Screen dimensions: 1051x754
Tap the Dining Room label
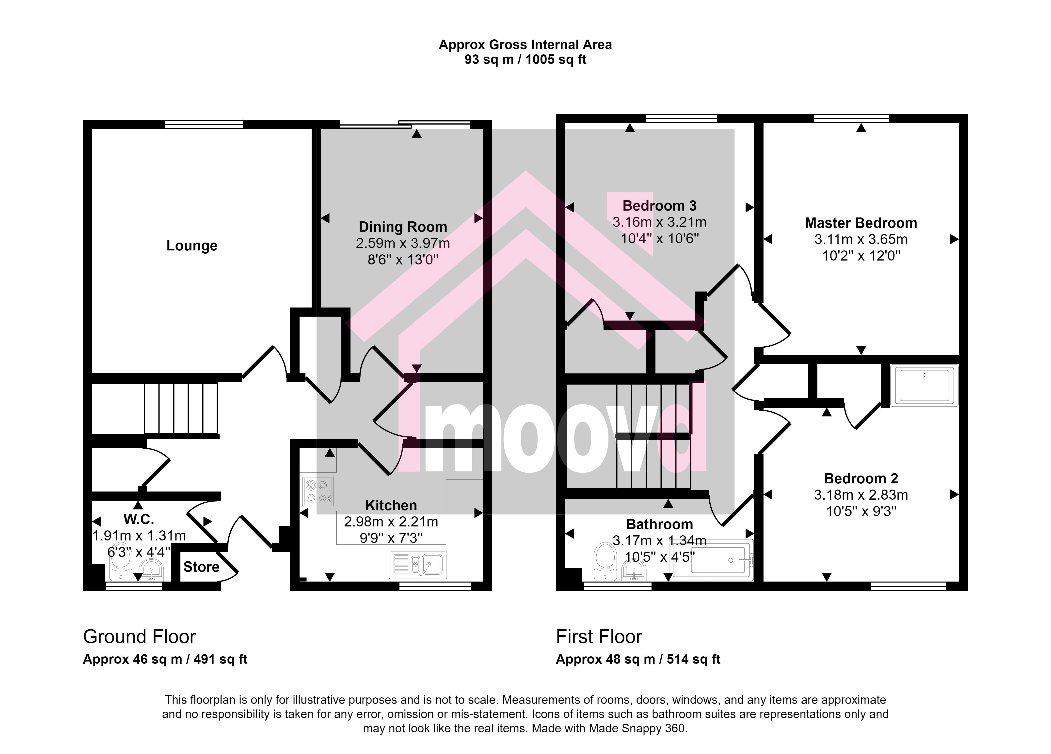click(403, 227)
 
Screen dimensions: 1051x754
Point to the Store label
click(201, 567)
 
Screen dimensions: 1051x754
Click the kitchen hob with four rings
click(318, 492)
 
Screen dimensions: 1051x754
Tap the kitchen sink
click(418, 564)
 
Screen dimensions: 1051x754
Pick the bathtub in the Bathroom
click(713, 560)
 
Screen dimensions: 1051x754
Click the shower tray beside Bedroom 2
click(924, 385)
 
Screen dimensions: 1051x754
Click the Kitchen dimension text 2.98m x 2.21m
click(391, 522)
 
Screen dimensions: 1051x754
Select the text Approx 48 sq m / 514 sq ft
click(638, 659)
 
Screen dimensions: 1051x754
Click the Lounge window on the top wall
click(204, 124)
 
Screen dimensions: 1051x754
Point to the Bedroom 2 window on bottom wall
click(908, 586)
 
